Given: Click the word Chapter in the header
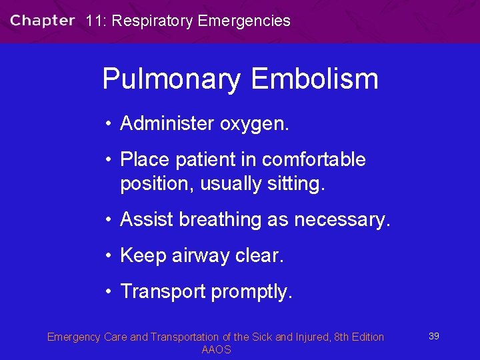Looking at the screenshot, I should (42, 20).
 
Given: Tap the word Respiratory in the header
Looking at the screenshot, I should (153, 21).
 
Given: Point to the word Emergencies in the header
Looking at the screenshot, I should (244, 21).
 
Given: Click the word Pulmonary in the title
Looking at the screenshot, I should (171, 79).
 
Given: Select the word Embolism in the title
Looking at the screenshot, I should (314, 79).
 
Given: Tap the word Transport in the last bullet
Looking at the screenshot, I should (163, 292).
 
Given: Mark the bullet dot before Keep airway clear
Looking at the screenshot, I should (107, 256).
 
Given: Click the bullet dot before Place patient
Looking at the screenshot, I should (107, 160).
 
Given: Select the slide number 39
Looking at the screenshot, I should (433, 336).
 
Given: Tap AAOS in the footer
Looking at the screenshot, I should (216, 349).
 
